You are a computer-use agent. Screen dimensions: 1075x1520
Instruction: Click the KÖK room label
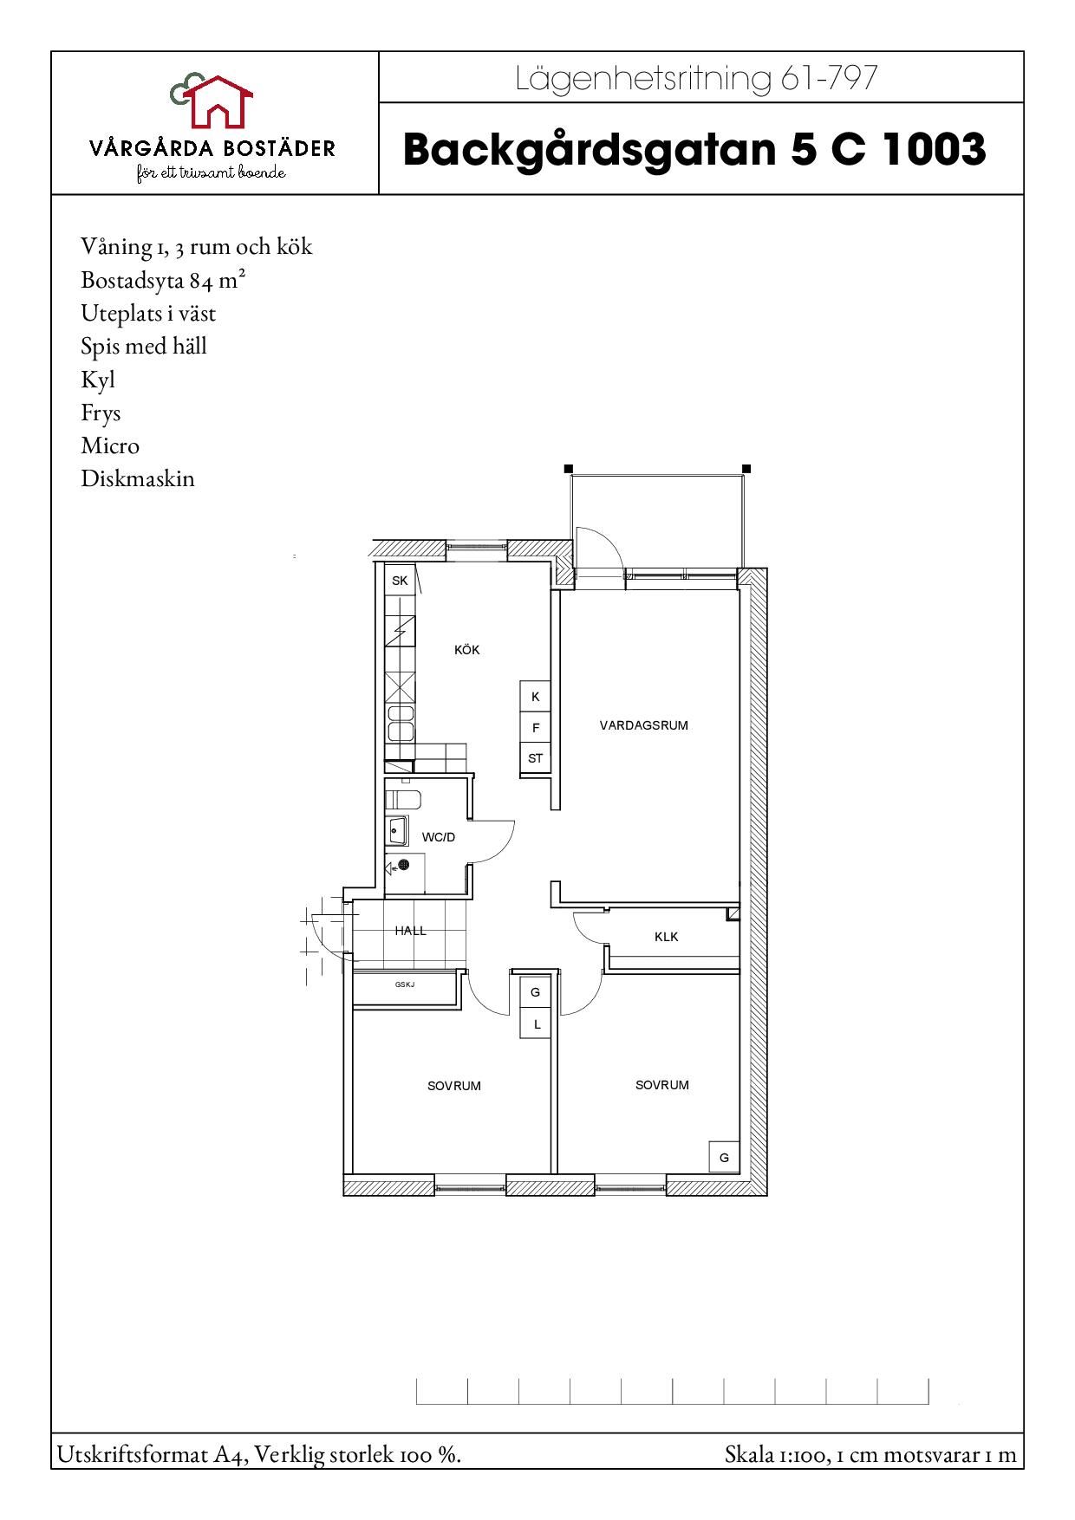(x=466, y=650)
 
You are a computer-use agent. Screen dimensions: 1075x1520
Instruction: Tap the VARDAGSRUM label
(x=643, y=725)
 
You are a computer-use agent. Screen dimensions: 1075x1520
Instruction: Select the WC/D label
(x=438, y=837)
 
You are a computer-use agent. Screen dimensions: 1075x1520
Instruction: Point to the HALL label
(x=411, y=931)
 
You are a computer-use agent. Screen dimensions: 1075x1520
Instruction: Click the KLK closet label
(x=667, y=937)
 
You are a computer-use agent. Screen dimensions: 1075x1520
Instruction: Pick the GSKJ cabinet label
(x=405, y=984)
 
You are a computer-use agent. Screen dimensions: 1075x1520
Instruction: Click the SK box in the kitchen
(x=400, y=581)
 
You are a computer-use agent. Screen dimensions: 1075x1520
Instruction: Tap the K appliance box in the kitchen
(x=536, y=697)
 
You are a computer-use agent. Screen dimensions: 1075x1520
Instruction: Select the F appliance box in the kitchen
(x=536, y=728)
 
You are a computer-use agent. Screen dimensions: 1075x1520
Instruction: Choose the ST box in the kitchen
(x=536, y=758)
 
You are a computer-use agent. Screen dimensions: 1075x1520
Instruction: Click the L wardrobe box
(x=537, y=1023)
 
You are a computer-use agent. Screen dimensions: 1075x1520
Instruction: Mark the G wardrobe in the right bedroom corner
(x=724, y=1158)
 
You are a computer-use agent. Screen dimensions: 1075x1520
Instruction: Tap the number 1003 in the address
(x=935, y=149)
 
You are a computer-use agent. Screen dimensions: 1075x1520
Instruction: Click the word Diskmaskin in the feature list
(x=138, y=478)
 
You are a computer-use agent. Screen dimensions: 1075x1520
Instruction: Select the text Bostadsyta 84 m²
(x=157, y=280)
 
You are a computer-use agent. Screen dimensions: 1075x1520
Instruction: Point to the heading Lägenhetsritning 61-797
(x=697, y=79)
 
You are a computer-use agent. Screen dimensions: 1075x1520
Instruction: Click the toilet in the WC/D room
(x=403, y=799)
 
